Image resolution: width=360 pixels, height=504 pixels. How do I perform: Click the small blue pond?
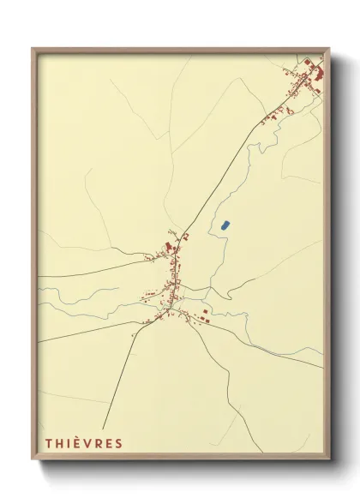(225, 225)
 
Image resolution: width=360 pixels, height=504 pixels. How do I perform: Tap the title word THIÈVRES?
(83, 443)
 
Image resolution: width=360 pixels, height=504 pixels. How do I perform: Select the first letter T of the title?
(47, 443)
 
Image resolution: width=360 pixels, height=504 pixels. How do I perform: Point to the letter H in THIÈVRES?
(58, 443)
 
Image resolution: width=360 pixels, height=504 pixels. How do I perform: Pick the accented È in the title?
(75, 443)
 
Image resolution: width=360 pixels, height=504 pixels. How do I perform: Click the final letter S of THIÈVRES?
(118, 443)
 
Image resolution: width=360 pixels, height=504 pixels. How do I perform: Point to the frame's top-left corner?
(33, 49)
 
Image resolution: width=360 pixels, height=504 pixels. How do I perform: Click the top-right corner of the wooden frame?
(330, 49)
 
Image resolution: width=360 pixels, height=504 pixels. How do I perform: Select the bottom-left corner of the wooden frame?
(33, 460)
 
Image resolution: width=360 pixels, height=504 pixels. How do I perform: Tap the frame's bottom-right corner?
(330, 460)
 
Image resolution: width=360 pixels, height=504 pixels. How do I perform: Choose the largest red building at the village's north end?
(170, 249)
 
